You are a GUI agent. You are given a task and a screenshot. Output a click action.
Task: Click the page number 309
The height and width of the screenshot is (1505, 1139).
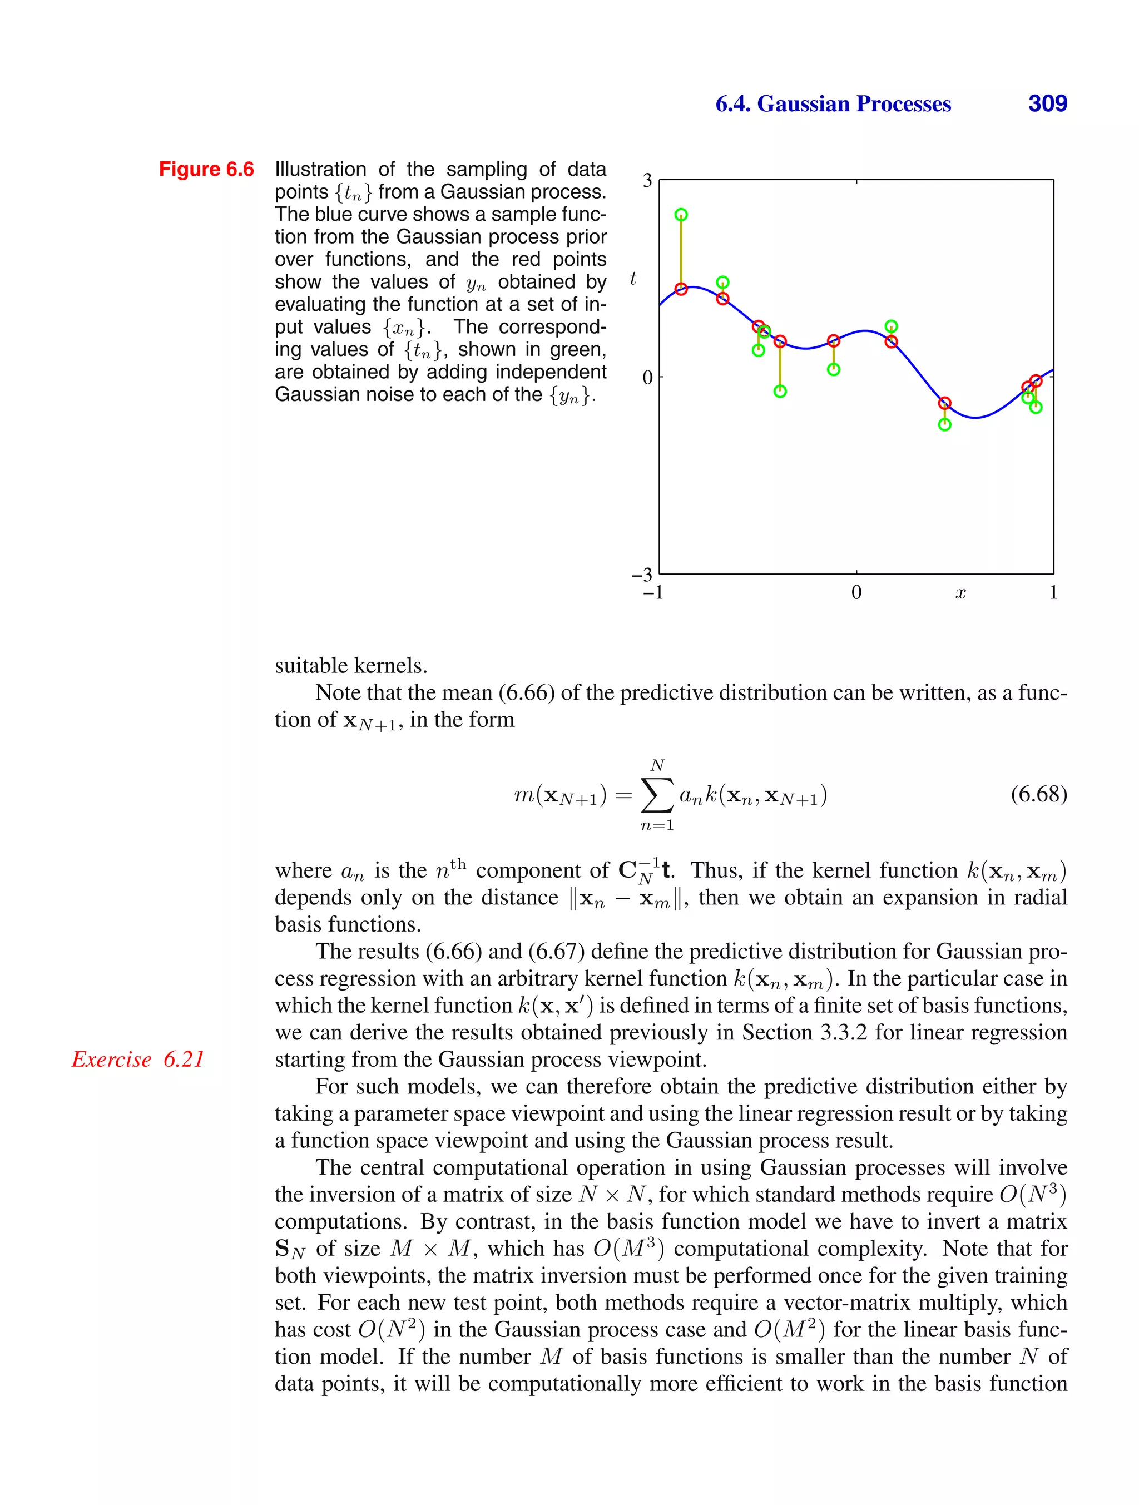click(x=1047, y=103)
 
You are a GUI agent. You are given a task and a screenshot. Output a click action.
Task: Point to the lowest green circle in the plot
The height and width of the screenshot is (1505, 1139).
click(x=944, y=424)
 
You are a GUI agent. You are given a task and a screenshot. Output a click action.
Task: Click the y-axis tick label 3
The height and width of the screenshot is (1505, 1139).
click(x=647, y=180)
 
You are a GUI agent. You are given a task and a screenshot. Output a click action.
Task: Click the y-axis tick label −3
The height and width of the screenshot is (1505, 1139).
click(x=642, y=575)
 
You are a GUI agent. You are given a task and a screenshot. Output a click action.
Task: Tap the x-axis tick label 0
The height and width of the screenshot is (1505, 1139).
click(x=856, y=593)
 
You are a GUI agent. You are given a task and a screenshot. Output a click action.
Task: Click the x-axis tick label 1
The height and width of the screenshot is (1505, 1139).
click(x=1053, y=593)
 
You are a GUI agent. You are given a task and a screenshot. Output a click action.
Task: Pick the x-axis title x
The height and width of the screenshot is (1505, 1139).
click(x=960, y=593)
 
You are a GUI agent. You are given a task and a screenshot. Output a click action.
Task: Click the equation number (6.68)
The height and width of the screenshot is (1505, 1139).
click(x=1038, y=794)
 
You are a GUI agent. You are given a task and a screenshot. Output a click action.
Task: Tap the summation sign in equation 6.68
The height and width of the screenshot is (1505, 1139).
click(x=657, y=795)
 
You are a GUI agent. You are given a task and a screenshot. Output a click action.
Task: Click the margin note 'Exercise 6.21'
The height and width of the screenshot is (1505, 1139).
click(x=138, y=1060)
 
